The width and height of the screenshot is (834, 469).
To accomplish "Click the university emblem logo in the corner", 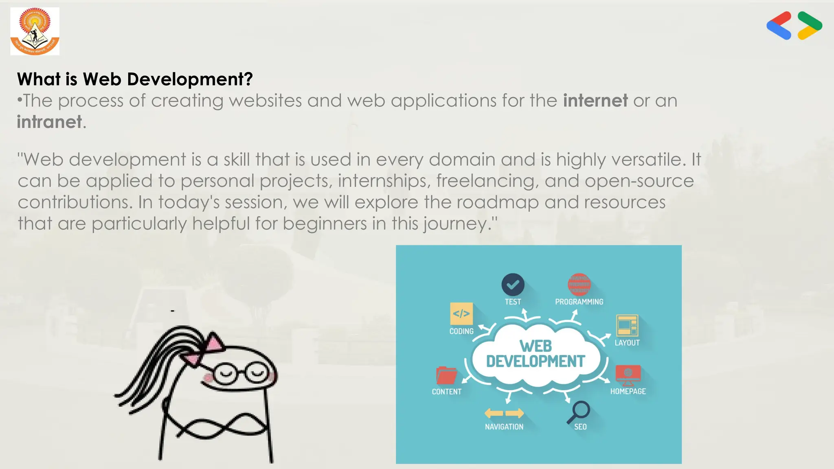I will pyautogui.click(x=35, y=31).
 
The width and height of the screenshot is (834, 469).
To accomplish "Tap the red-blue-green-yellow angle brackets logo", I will pyautogui.click(x=794, y=25).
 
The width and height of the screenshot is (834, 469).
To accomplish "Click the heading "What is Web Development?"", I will pyautogui.click(x=135, y=79).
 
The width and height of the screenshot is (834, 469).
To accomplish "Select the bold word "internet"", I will pyautogui.click(x=595, y=101).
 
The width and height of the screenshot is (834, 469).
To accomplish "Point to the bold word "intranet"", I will pyautogui.click(x=49, y=122).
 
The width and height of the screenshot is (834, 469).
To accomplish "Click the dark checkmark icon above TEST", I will pyautogui.click(x=513, y=285).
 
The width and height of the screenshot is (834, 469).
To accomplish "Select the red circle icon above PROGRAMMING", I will pyautogui.click(x=579, y=285).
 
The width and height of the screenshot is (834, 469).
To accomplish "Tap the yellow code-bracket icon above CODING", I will pyautogui.click(x=461, y=313).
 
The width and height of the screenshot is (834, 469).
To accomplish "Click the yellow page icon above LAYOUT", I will pyautogui.click(x=627, y=325).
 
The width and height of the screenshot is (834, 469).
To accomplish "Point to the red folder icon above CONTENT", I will pyautogui.click(x=446, y=375).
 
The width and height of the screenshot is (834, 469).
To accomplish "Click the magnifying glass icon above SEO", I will pyautogui.click(x=579, y=411).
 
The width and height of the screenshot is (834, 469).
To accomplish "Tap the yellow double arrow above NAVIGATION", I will pyautogui.click(x=504, y=413).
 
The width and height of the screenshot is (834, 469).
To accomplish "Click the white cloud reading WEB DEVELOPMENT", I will pyautogui.click(x=536, y=354).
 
